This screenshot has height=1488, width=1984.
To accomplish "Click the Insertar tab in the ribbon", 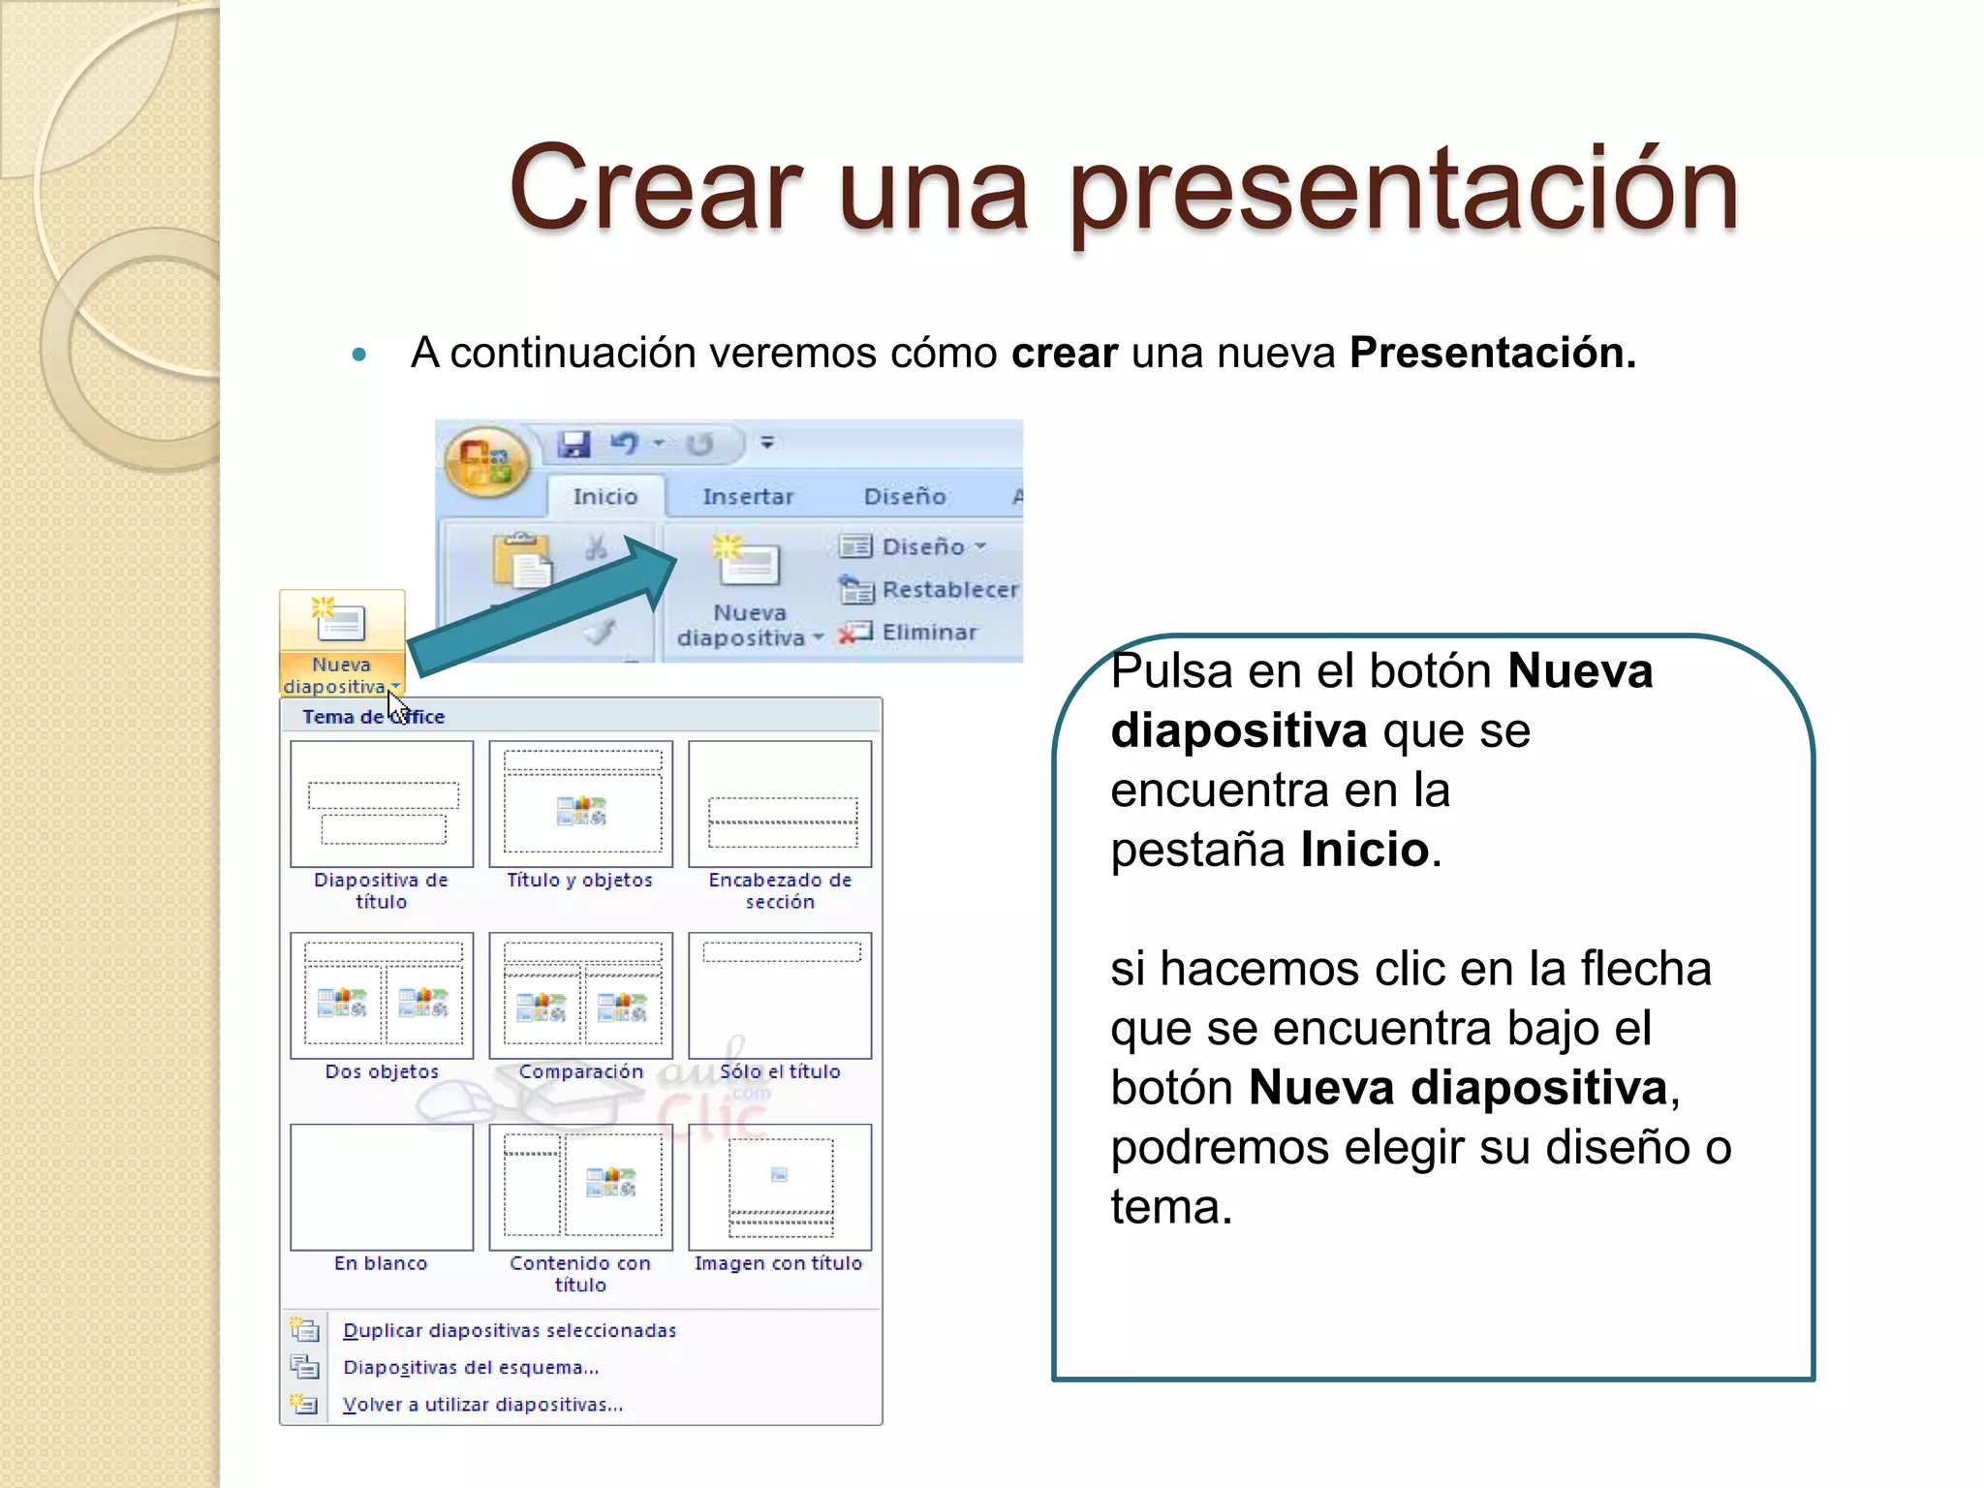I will [747, 496].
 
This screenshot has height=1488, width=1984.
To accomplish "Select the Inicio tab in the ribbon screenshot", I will [604, 496].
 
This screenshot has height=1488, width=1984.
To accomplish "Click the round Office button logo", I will [486, 462].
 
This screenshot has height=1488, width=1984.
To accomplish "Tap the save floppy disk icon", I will [574, 444].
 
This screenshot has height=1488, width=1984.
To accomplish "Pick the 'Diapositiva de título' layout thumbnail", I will [382, 804].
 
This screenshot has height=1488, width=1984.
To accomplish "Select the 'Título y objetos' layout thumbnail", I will [580, 804].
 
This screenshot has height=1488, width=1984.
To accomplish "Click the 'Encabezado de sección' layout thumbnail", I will [780, 804].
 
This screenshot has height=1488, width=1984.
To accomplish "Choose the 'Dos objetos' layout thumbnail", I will [382, 996].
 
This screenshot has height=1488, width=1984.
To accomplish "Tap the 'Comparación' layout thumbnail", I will [580, 996].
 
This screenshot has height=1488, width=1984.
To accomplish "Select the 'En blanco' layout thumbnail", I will [382, 1187].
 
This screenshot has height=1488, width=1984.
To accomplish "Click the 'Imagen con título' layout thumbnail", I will [780, 1187].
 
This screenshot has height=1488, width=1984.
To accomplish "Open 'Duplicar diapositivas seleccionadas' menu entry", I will [510, 1330].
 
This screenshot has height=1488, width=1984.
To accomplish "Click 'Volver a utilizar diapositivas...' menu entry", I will [482, 1405].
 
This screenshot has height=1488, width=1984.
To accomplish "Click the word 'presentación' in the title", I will [1405, 189].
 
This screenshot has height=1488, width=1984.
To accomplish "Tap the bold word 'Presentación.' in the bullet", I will [1492, 353].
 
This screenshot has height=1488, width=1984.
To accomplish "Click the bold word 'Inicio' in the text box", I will [1364, 850].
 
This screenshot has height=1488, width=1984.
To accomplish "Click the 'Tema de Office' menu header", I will [373, 717].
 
